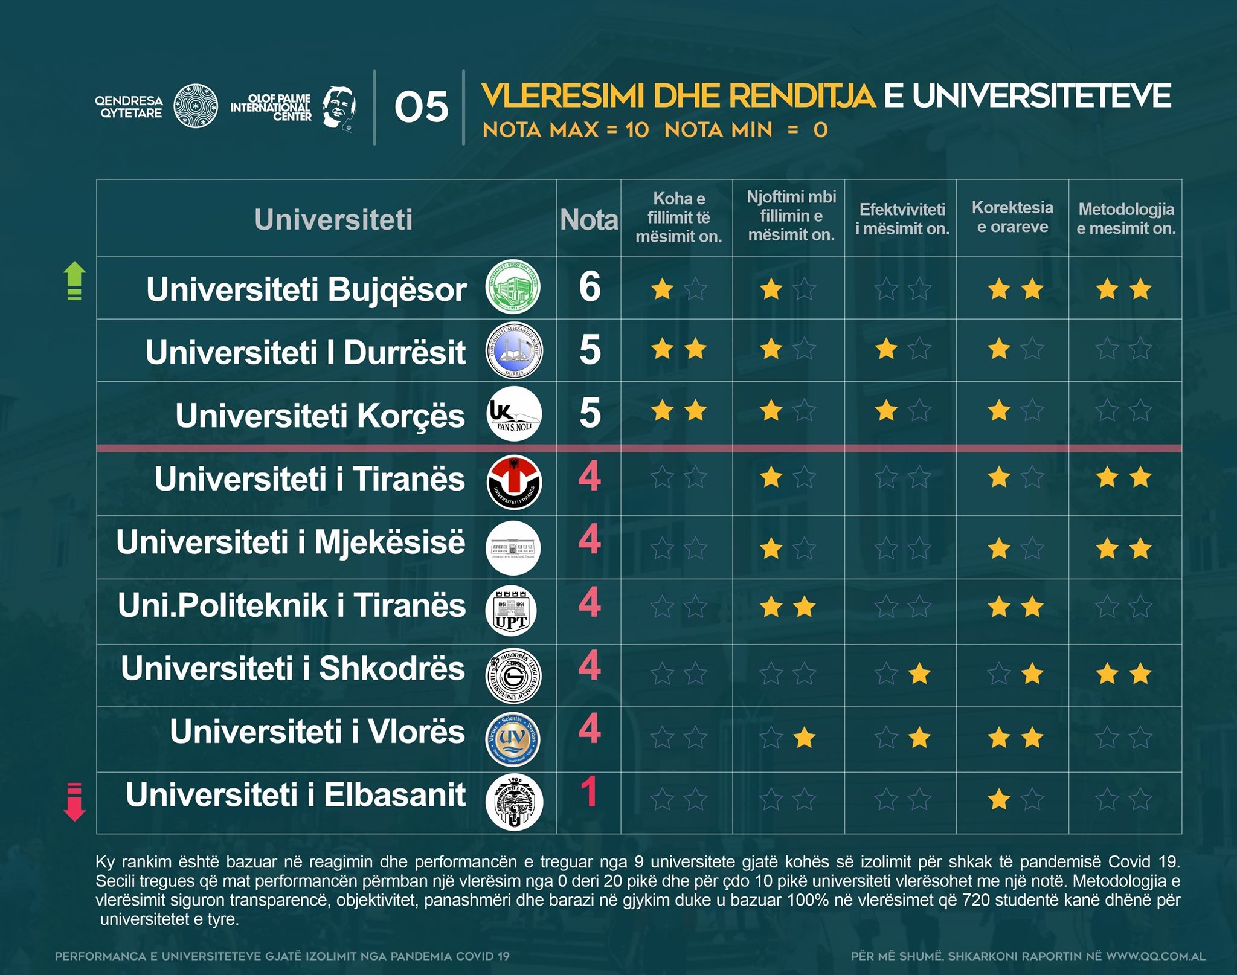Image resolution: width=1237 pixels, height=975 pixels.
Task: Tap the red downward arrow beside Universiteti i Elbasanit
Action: [x=74, y=802]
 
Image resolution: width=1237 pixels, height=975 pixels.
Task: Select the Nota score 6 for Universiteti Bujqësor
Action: [x=590, y=287]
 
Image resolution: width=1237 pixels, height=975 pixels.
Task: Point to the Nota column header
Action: [x=589, y=219]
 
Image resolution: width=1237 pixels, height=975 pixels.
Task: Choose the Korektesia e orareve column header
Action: [x=1012, y=217]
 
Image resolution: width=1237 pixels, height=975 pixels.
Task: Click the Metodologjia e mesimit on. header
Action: [x=1126, y=219]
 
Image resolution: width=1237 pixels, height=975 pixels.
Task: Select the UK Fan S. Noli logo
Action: [x=514, y=414]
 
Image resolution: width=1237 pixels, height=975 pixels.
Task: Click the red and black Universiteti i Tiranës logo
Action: [x=514, y=482]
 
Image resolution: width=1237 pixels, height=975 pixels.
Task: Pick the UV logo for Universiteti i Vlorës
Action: [x=513, y=739]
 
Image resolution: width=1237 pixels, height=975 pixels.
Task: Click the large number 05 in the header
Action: [x=421, y=108]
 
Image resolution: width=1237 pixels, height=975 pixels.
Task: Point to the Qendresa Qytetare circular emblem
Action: [x=196, y=106]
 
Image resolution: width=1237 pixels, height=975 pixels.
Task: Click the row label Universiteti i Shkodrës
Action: [x=293, y=668]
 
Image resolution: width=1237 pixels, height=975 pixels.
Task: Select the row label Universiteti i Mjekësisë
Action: [x=291, y=541]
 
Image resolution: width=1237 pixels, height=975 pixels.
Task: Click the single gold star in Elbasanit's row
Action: [x=999, y=799]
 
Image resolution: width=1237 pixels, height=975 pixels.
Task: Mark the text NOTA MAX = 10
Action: [x=565, y=130]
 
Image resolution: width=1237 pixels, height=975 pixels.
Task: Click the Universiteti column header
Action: [x=333, y=219]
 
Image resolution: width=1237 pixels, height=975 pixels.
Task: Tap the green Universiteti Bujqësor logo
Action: [x=513, y=287]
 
